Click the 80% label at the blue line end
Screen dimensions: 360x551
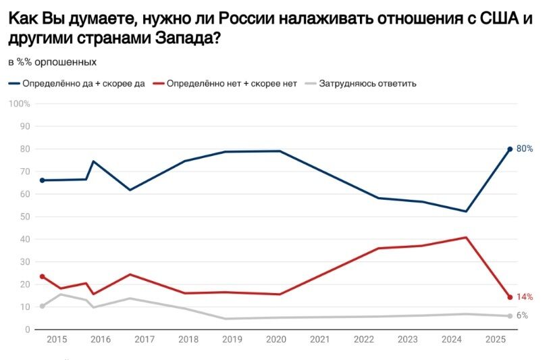[525, 149]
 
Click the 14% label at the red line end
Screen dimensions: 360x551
[525, 297]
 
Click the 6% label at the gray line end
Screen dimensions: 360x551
[523, 315]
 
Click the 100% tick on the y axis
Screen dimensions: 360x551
[20, 103]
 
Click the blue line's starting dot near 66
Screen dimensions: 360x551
[42, 180]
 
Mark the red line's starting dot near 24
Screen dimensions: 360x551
[42, 276]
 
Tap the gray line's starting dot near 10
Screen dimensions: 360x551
[42, 306]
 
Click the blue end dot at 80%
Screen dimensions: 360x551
[510, 149]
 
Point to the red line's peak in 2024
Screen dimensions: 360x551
[466, 237]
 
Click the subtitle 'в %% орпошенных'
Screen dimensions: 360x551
[52, 61]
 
